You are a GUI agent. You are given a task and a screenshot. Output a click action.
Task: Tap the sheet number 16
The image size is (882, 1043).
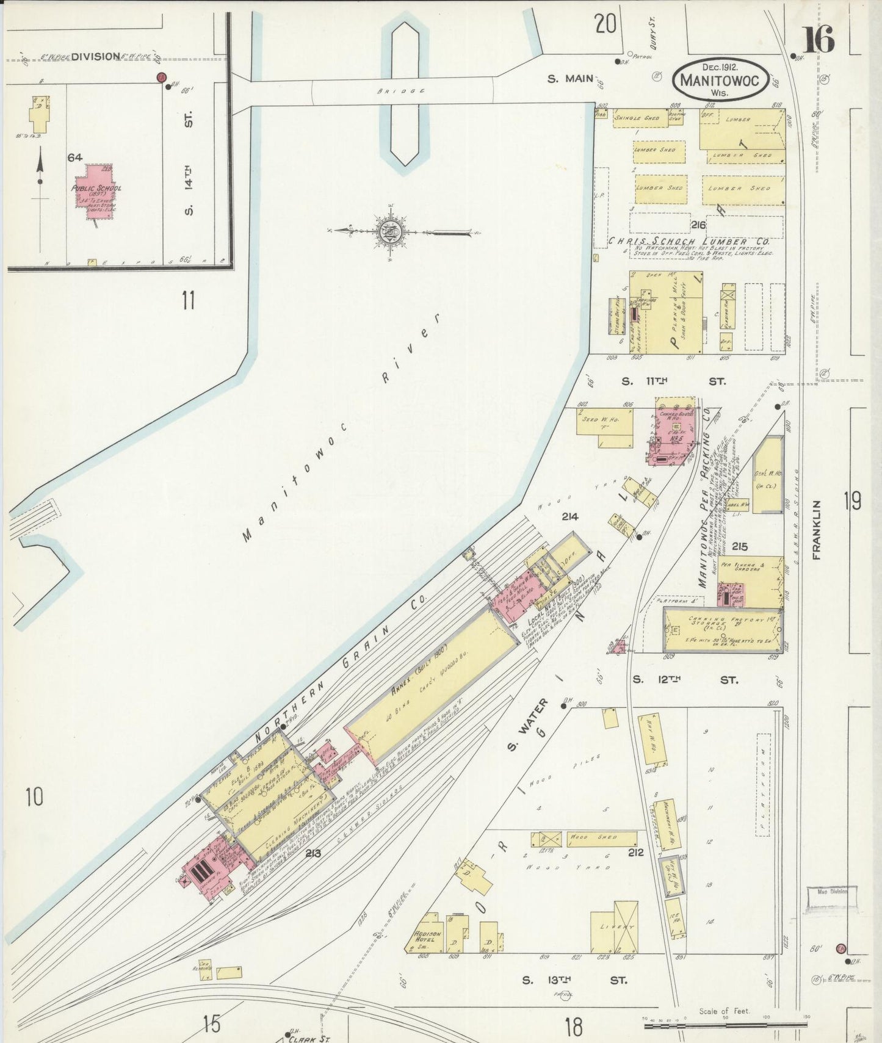click(x=817, y=40)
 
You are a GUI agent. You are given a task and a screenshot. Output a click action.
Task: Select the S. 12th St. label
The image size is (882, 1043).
click(x=684, y=679)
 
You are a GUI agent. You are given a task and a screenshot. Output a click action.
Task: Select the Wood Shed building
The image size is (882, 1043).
click(x=601, y=838)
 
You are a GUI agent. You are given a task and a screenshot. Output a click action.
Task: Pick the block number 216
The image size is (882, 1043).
click(x=698, y=225)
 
